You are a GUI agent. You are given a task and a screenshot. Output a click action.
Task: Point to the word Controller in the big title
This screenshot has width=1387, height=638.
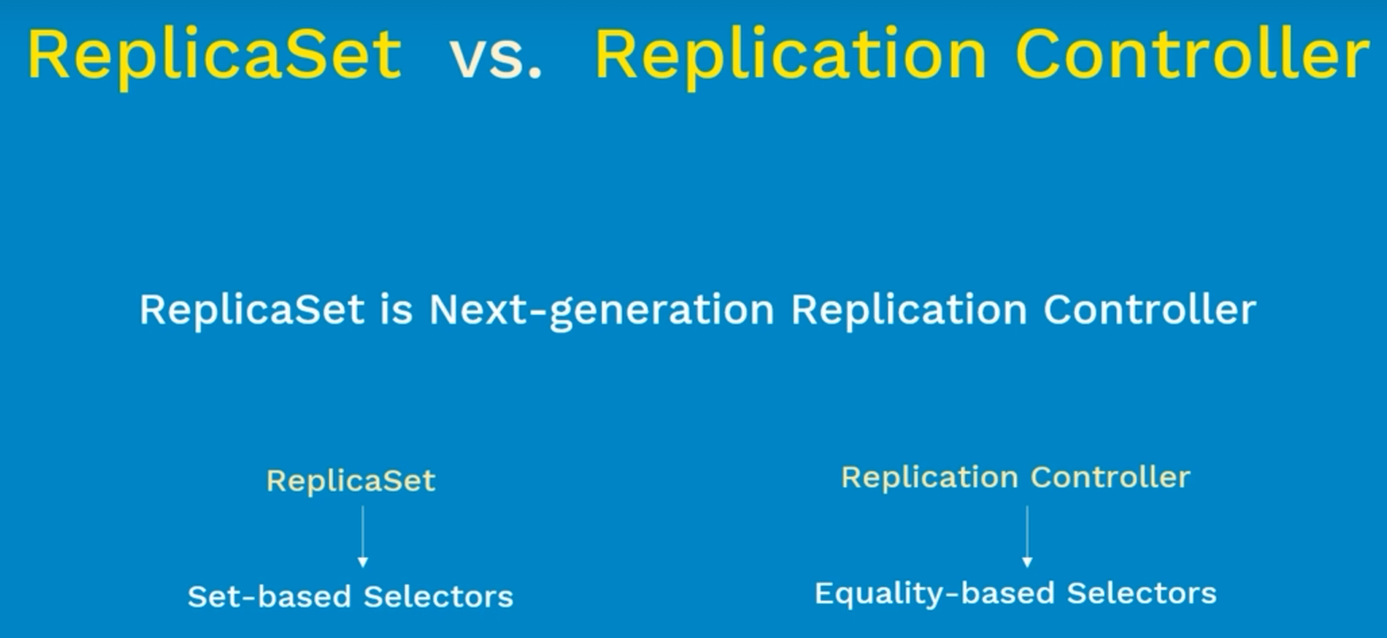click(x=1192, y=54)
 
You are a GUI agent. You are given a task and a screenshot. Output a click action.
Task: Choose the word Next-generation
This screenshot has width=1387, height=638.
click(x=602, y=310)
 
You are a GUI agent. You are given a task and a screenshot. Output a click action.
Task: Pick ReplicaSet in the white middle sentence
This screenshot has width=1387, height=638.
click(x=252, y=309)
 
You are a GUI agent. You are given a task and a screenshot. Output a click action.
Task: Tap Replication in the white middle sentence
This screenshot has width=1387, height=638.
click(x=909, y=310)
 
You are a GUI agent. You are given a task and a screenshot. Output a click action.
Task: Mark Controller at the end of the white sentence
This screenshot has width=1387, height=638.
click(x=1150, y=309)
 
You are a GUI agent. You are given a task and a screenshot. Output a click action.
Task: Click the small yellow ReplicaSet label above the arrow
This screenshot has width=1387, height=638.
click(x=351, y=481)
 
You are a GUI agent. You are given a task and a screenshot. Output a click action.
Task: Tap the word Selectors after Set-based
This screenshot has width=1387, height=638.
click(x=438, y=597)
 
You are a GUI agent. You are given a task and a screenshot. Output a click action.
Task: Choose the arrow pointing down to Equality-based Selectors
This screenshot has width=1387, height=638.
click(x=1027, y=537)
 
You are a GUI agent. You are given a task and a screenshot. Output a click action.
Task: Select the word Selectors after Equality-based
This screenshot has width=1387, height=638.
click(x=1142, y=593)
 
